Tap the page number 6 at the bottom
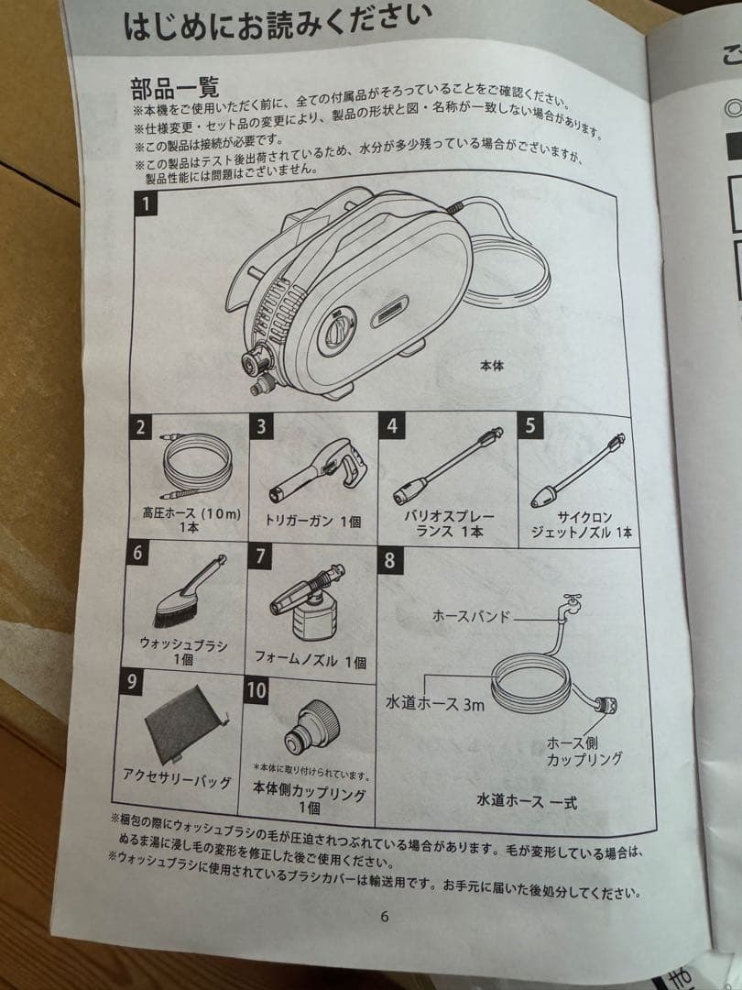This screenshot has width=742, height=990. click(385, 917)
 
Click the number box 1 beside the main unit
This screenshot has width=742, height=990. click(146, 203)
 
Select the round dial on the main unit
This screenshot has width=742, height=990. click(337, 330)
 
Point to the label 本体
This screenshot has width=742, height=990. click(492, 365)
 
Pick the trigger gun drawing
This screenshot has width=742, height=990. click(319, 469)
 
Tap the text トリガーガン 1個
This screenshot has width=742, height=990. click(313, 521)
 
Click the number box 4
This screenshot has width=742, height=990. click(392, 425)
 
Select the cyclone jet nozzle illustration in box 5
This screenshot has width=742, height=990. click(577, 471)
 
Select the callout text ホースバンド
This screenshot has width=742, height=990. click(471, 616)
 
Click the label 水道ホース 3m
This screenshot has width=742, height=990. click(435, 703)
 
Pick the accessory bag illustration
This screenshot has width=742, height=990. click(185, 723)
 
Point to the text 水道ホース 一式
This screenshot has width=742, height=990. click(527, 801)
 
